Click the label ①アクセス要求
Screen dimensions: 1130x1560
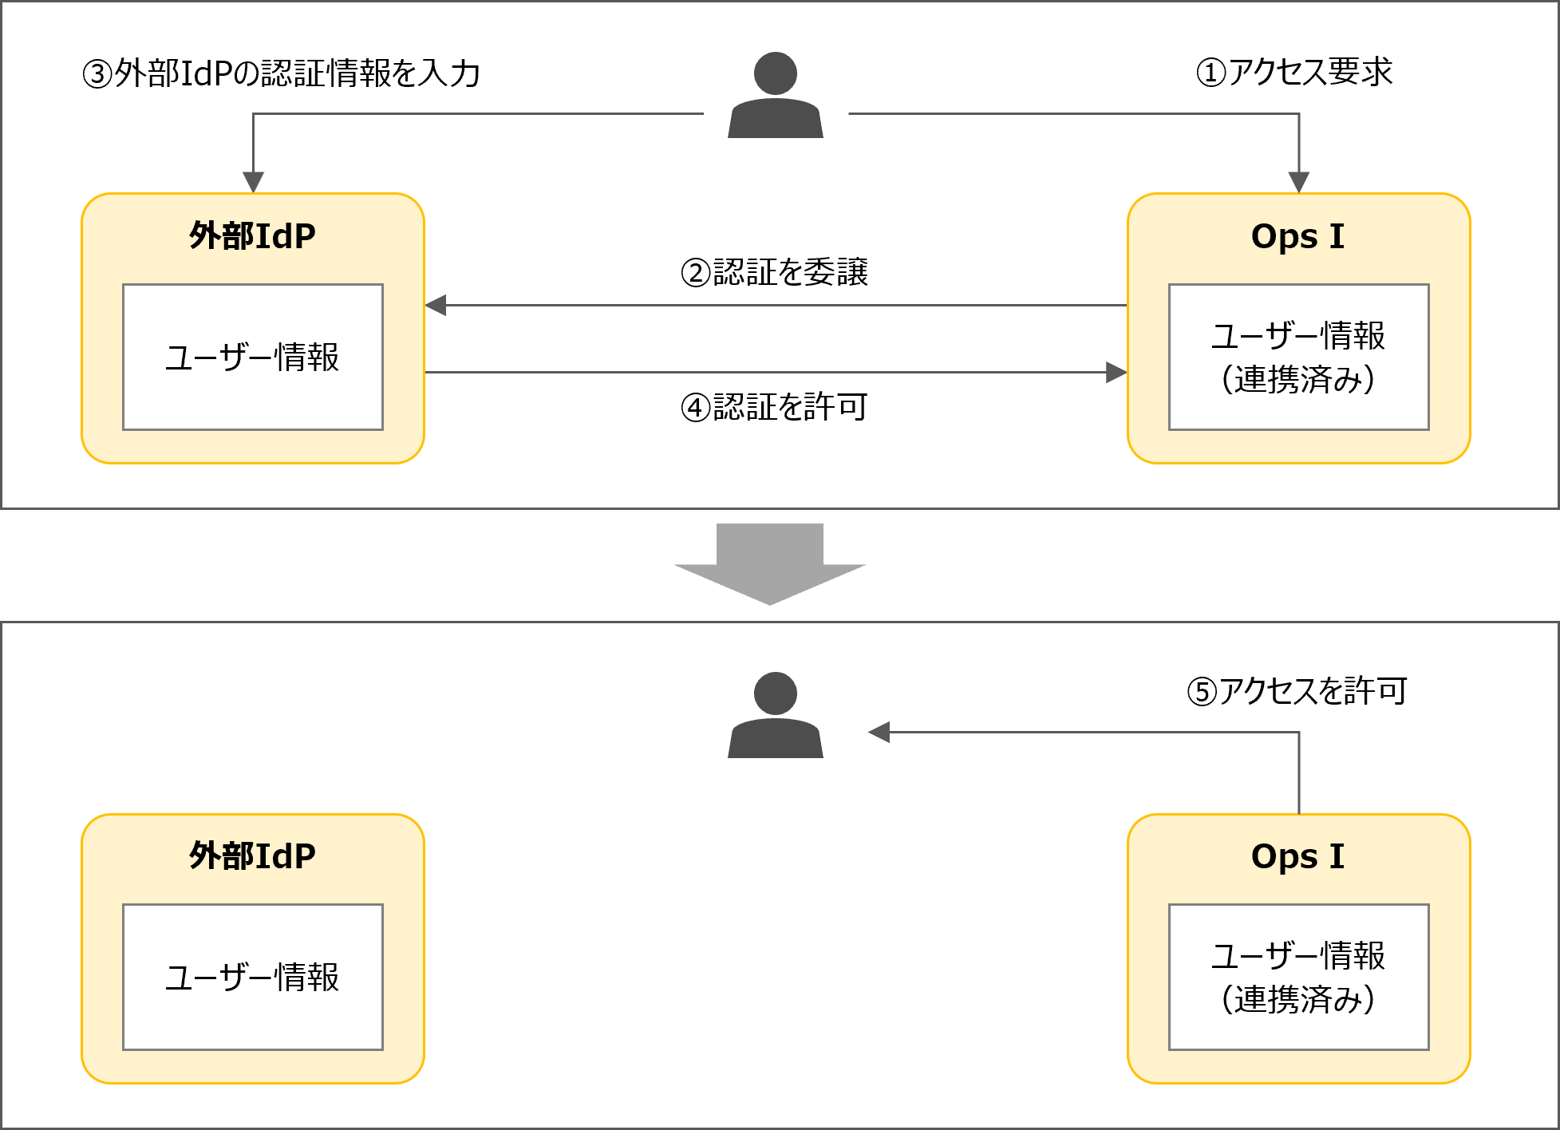(1294, 72)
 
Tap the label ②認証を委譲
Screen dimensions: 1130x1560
(774, 272)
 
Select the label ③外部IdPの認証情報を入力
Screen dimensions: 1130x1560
(281, 73)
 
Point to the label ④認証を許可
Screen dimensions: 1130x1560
(774, 407)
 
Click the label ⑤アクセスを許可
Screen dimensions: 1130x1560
(1297, 691)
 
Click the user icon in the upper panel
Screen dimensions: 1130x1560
(775, 96)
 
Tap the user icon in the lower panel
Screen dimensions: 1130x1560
(775, 715)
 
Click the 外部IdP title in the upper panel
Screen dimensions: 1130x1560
(252, 236)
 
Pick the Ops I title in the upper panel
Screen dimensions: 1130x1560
(1297, 236)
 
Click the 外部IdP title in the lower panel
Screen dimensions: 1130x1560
(252, 856)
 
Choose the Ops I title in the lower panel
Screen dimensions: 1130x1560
(1297, 856)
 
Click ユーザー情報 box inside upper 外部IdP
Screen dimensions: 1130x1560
(252, 357)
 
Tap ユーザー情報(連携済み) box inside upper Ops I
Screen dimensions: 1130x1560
(1298, 357)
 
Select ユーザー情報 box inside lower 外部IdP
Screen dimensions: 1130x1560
(252, 977)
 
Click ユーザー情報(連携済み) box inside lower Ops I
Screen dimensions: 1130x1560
(1298, 977)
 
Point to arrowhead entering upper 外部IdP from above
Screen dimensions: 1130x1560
(253, 183)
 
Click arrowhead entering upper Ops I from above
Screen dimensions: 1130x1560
(1299, 183)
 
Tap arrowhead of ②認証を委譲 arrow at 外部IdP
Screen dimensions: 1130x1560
(436, 305)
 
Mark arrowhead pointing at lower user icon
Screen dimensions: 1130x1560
(879, 732)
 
